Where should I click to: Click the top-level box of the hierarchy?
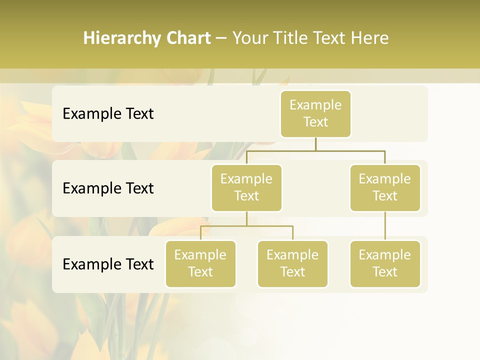tap(315, 113)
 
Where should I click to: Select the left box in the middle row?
tap(246, 187)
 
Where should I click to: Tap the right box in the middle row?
tap(385, 187)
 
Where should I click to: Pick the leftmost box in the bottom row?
tap(200, 263)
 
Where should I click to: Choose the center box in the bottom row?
tap(292, 263)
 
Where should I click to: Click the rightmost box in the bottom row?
tap(385, 263)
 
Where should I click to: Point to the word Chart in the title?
tap(186, 38)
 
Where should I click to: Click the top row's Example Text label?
tap(108, 114)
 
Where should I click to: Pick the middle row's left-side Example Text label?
tap(108, 188)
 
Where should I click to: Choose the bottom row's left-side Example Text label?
tap(108, 264)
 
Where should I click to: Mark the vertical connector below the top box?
tap(315, 144)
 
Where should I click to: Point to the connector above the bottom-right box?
tap(385, 226)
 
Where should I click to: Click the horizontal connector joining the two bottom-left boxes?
tap(246, 226)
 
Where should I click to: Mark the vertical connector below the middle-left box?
tap(246, 218)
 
